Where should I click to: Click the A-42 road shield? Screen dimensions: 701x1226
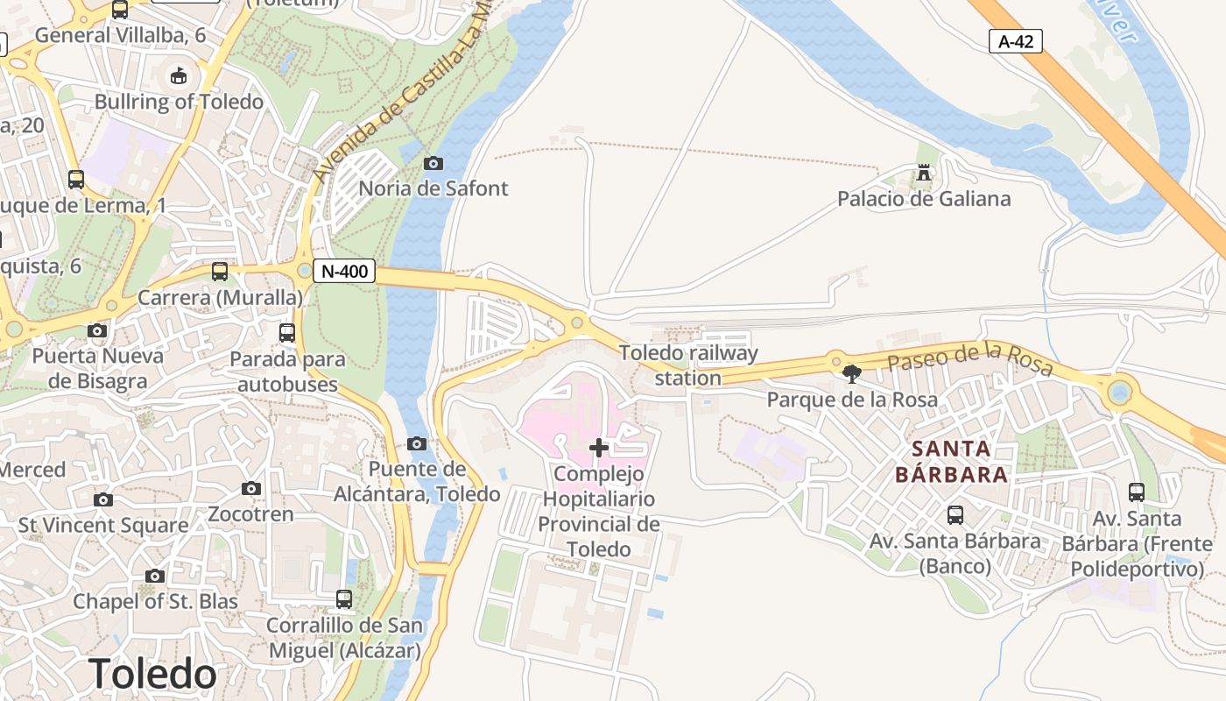pos(1016,41)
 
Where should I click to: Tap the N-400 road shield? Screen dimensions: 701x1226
pos(344,272)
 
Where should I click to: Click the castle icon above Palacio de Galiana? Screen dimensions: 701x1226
pos(923,173)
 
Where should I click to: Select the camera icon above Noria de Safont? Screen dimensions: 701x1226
pos(433,163)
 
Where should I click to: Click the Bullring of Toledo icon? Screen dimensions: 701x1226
pos(179,76)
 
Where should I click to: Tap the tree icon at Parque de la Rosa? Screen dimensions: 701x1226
pos(851,374)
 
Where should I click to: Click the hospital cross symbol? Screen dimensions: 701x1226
pos(599,449)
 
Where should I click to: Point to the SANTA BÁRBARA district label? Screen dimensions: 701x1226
pos(952,462)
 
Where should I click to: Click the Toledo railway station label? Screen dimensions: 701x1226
pos(688,365)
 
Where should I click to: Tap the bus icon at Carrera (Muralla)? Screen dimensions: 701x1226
pos(220,272)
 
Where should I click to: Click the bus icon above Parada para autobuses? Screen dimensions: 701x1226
pos(287,333)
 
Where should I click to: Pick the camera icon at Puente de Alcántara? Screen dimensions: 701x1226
pos(417,444)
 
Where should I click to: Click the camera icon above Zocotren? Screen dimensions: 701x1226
pos(251,489)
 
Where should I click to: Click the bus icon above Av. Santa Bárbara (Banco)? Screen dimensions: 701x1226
pos(955,515)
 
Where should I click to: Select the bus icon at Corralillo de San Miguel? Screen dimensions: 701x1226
pos(344,599)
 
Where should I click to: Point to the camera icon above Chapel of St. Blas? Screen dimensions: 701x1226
pos(155,577)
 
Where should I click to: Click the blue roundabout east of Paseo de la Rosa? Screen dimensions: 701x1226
pos(1119,392)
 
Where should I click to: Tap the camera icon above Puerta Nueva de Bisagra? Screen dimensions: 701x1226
pos(97,331)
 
